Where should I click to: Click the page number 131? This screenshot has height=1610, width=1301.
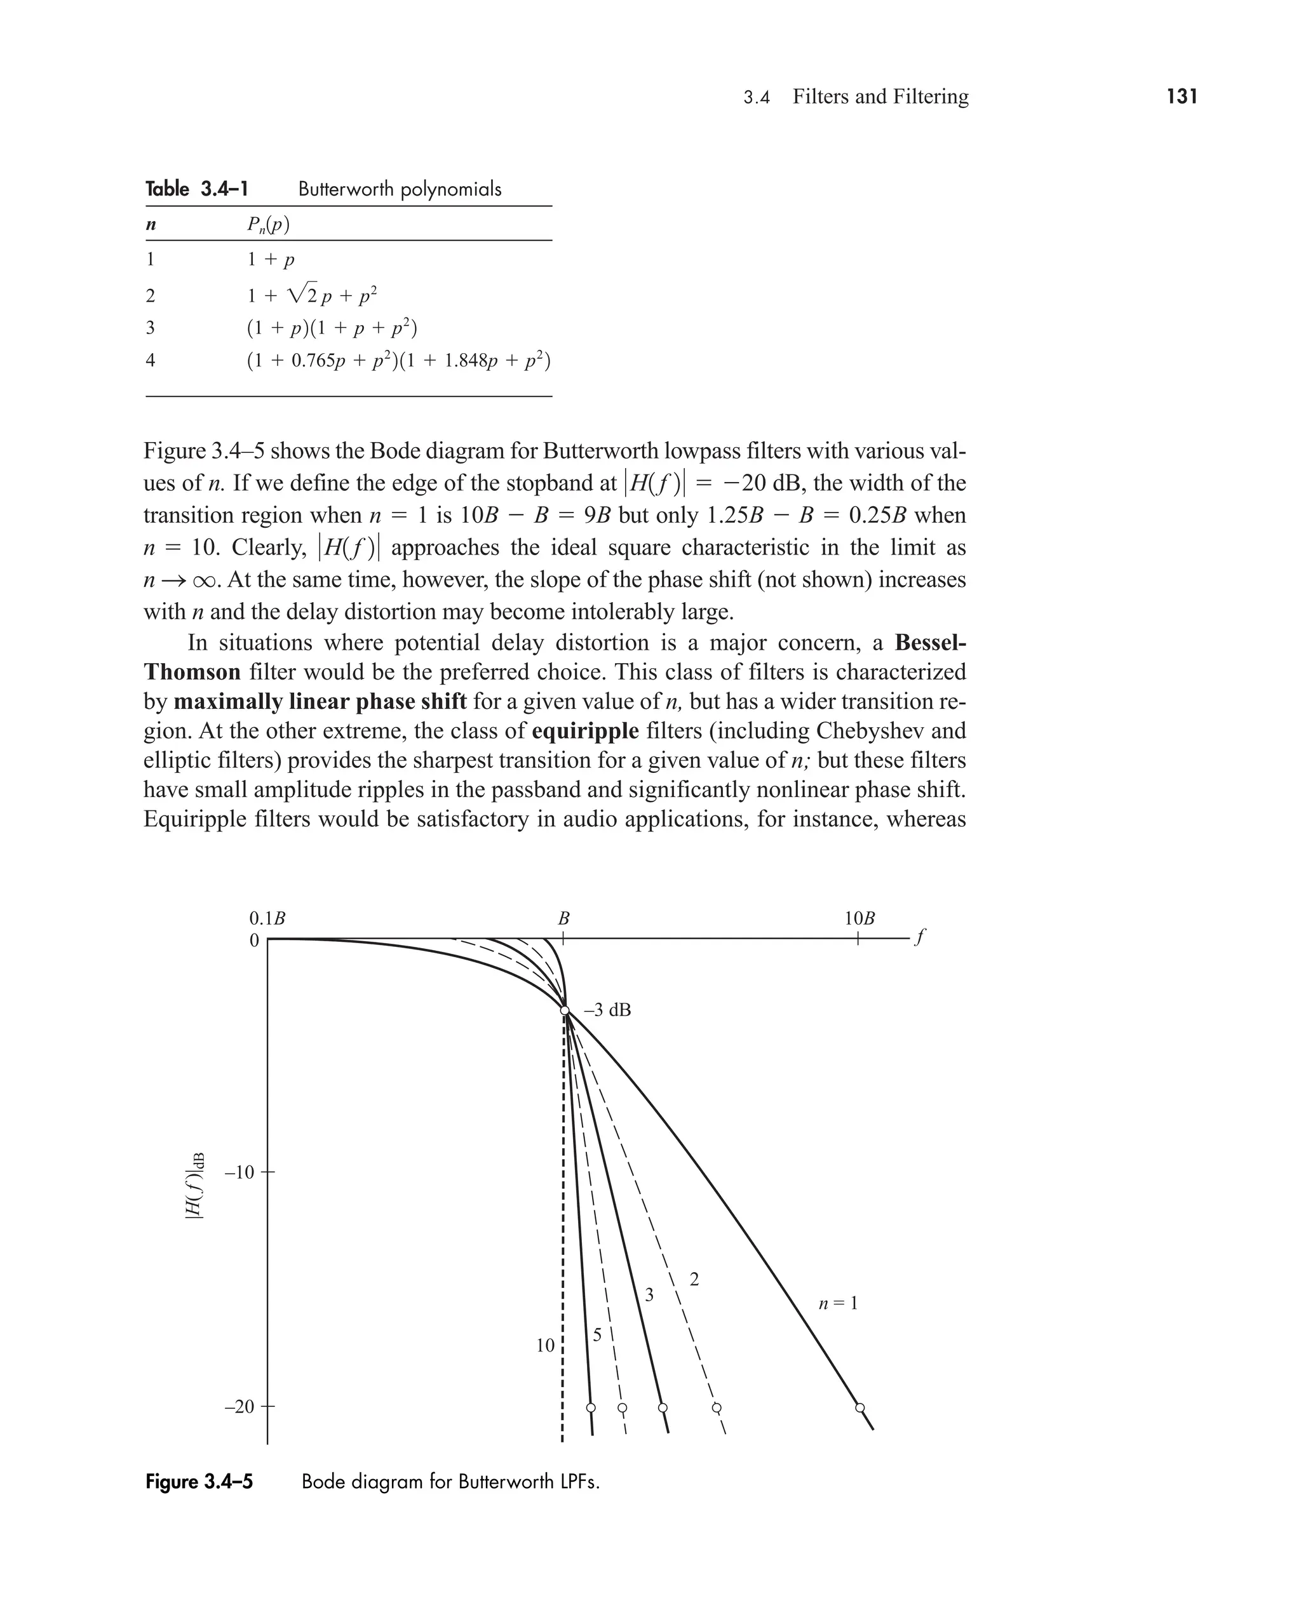pos(1181,97)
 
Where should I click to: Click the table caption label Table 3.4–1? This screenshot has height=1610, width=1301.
pos(196,189)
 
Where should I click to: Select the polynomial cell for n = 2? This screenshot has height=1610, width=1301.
pos(312,295)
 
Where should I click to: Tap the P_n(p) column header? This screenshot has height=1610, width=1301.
pos(268,224)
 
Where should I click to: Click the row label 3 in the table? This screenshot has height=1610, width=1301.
pos(151,327)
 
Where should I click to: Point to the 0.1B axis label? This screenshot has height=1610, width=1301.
pos(267,918)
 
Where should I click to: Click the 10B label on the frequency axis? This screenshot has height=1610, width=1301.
pos(859,918)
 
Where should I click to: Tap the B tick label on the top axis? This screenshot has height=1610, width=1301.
pos(563,918)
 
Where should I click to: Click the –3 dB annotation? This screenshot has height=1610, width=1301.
pos(607,1010)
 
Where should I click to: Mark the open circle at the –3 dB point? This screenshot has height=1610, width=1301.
pos(565,1010)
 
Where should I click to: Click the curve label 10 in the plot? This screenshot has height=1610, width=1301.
pos(545,1346)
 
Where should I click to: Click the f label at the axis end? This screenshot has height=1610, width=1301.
pos(921,937)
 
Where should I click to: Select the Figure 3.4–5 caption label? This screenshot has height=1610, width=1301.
pos(199,1482)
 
